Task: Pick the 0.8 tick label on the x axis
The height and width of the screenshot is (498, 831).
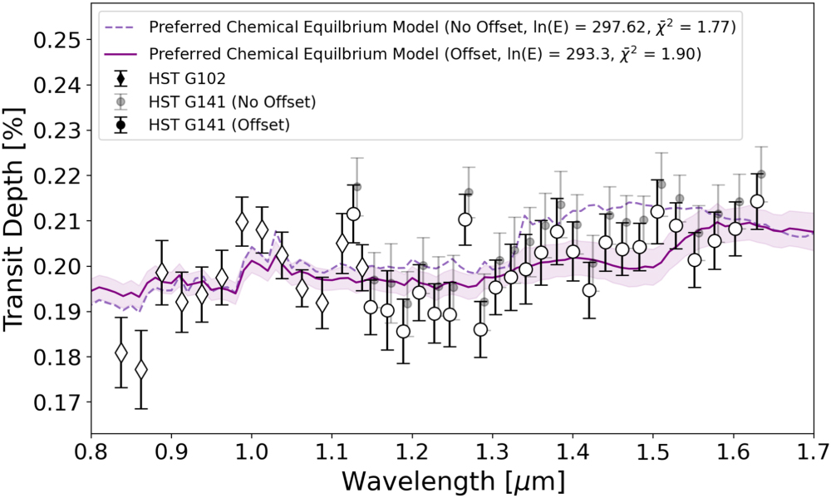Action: (x=91, y=451)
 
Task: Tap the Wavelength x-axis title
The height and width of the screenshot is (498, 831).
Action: (x=452, y=480)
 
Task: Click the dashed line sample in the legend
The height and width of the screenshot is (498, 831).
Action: (x=121, y=27)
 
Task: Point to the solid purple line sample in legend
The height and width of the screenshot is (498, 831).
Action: (x=121, y=55)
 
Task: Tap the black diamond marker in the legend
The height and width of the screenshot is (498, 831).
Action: (x=121, y=79)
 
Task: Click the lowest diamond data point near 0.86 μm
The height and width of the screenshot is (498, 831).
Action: (x=141, y=369)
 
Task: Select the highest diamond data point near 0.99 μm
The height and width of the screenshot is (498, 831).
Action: (x=242, y=222)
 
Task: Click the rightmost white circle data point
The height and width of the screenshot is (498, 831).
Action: (x=757, y=201)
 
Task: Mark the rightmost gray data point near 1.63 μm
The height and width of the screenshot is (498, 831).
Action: (x=760, y=174)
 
